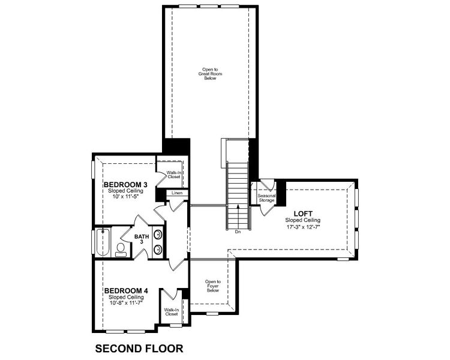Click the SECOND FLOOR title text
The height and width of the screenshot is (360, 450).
139,348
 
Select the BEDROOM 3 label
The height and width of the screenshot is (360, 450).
126,184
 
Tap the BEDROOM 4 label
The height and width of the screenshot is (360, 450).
126,291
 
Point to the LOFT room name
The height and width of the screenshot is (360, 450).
304,214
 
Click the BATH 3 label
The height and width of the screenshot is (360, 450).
142,240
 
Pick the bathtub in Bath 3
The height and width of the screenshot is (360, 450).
101,243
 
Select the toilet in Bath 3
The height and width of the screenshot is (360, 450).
121,249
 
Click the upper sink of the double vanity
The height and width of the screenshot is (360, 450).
158,235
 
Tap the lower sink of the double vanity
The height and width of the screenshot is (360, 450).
158,250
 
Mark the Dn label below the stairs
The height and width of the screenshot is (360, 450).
238,231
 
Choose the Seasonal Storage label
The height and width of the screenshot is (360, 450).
266,198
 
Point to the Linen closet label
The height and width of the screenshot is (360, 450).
177,193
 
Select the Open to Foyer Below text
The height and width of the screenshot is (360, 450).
213,286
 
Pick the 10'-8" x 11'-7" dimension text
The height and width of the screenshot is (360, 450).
126,304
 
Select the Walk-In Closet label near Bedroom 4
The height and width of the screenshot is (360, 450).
171,312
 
